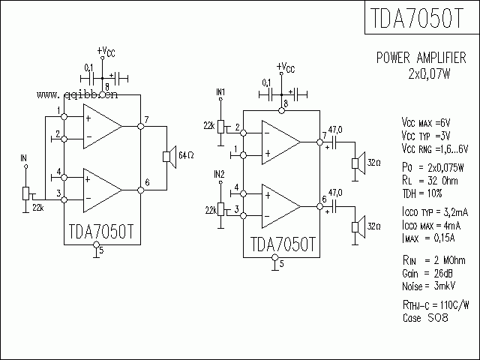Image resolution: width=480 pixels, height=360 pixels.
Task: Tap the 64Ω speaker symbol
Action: [167, 155]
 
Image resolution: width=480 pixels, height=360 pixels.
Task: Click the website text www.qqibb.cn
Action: [76, 95]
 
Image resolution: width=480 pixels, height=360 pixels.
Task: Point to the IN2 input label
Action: [219, 174]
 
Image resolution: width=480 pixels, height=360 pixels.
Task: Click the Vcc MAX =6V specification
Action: [426, 122]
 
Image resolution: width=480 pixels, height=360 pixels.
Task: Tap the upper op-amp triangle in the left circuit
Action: [100, 126]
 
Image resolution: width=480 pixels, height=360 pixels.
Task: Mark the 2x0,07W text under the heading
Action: [430, 73]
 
